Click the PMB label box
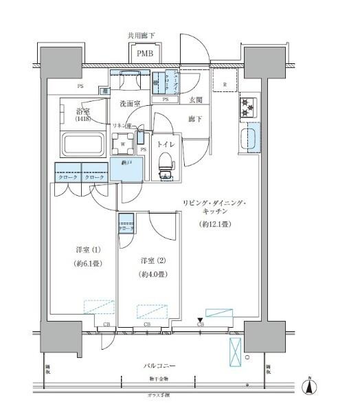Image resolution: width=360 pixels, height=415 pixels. click(145, 54)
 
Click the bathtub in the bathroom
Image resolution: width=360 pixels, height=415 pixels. click(82, 146)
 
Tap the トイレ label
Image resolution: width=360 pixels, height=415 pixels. click(166, 144)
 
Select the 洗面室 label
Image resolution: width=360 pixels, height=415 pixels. click(130, 104)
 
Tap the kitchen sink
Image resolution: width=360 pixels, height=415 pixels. click(249, 139)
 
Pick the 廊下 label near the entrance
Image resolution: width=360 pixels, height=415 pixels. click(196, 119)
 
